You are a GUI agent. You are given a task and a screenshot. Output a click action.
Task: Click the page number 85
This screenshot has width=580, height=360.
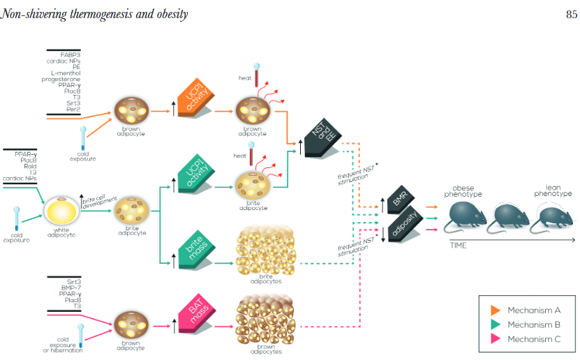click(x=570, y=12)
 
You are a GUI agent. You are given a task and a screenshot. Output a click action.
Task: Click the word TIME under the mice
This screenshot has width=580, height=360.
click(x=459, y=245)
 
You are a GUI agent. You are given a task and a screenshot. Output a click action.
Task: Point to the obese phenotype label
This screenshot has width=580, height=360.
click(x=464, y=190)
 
